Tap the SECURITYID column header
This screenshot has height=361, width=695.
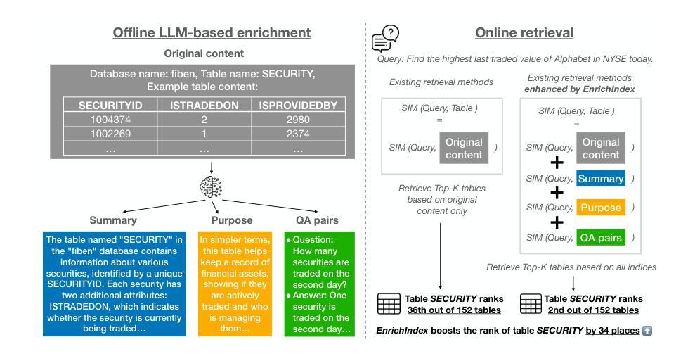tap(110, 106)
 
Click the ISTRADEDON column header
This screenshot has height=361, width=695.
tap(204, 106)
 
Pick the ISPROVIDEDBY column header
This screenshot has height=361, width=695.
tap(299, 106)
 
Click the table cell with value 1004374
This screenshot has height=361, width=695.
tap(110, 120)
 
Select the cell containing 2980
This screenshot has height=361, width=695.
tap(299, 120)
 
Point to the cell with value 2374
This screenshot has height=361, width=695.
tap(299, 134)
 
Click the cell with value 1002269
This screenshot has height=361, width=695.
tap(110, 134)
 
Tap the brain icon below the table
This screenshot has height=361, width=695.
tap(212, 189)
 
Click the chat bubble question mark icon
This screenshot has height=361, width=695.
tap(386, 38)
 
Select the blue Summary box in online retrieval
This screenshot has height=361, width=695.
tap(601, 179)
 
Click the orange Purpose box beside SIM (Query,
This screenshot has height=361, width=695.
tap(601, 208)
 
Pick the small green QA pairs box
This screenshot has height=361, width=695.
tap(601, 238)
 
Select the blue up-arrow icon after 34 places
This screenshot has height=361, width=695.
tap(647, 330)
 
